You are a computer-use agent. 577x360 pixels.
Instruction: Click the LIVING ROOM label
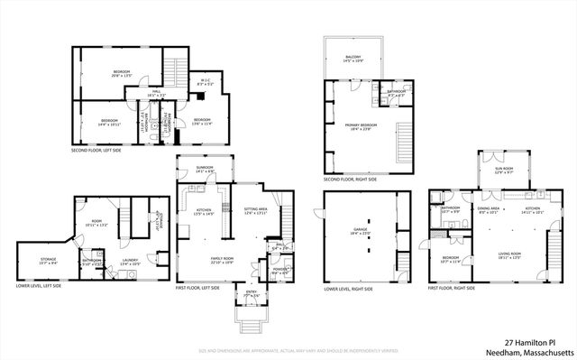coord(510,254)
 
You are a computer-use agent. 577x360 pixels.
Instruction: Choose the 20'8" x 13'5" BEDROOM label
coord(122,73)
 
